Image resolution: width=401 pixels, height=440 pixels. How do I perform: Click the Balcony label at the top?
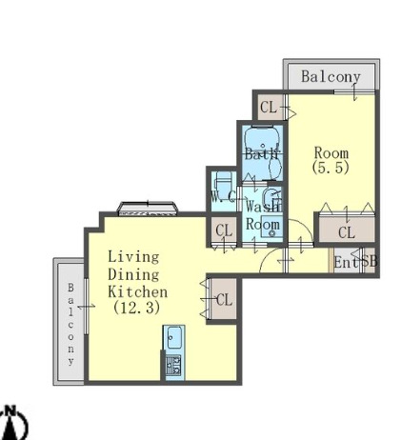331,77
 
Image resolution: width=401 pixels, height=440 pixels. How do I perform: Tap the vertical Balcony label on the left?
70,324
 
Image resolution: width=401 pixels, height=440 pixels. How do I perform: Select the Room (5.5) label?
331,161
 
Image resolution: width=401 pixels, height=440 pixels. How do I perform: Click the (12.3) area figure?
136,308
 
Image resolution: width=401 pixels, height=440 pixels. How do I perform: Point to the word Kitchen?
138,291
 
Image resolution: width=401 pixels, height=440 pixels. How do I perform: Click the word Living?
133,257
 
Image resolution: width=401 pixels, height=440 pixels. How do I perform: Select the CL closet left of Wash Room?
224,230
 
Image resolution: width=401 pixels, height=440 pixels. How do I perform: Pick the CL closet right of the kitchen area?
224,299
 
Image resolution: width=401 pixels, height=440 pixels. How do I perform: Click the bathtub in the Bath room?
262,139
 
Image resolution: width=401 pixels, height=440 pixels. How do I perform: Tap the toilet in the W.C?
223,185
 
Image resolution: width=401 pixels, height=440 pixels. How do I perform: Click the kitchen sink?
173,337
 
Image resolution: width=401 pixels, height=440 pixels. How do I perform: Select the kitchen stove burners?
173,365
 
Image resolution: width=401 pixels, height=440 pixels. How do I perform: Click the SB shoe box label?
370,261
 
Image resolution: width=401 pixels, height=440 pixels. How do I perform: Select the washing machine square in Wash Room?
271,227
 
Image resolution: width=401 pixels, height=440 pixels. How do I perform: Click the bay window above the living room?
148,209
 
